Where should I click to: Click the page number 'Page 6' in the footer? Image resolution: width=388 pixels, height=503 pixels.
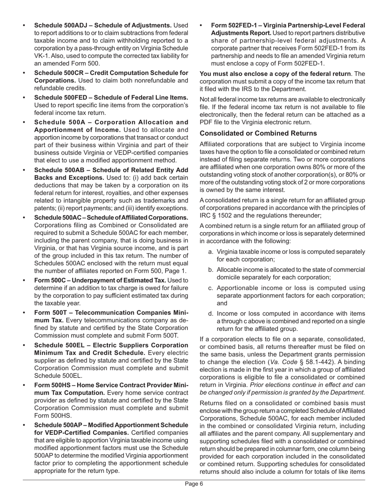tap(194, 484)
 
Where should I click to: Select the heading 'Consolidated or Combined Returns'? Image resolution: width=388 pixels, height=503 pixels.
tap(258, 133)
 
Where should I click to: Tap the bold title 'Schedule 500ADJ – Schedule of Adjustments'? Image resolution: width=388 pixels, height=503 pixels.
tap(103, 25)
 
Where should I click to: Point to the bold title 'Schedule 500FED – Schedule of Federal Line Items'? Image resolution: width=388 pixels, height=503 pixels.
tap(111, 97)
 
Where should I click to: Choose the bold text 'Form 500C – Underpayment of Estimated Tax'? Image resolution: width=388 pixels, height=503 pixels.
tap(100, 280)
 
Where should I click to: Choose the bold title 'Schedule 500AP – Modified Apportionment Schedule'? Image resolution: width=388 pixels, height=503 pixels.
tap(111, 425)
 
